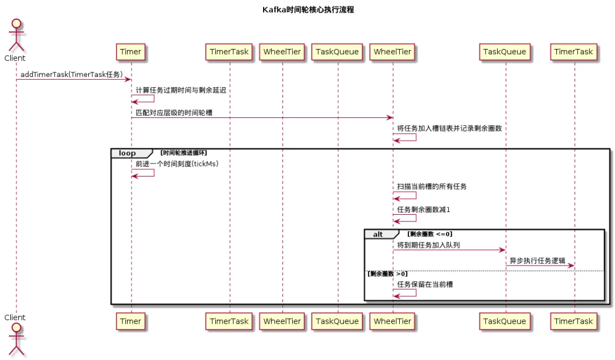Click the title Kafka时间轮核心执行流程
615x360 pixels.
[x=308, y=10]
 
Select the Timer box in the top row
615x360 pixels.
[x=130, y=52]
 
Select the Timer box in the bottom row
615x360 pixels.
[x=130, y=321]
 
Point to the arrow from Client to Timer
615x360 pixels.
[x=74, y=80]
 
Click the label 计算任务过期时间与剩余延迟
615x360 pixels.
[x=181, y=91]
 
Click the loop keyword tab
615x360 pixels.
[x=128, y=153]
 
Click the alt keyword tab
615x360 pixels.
[x=378, y=234]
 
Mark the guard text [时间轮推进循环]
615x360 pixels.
[x=184, y=153]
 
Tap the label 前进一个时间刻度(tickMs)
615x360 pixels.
[x=177, y=164]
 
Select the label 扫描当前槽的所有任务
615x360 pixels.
[x=432, y=186]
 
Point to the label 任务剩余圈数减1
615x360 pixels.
[x=424, y=210]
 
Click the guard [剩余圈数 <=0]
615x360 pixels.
[x=429, y=234]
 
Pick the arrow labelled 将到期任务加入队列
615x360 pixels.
[x=449, y=250]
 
